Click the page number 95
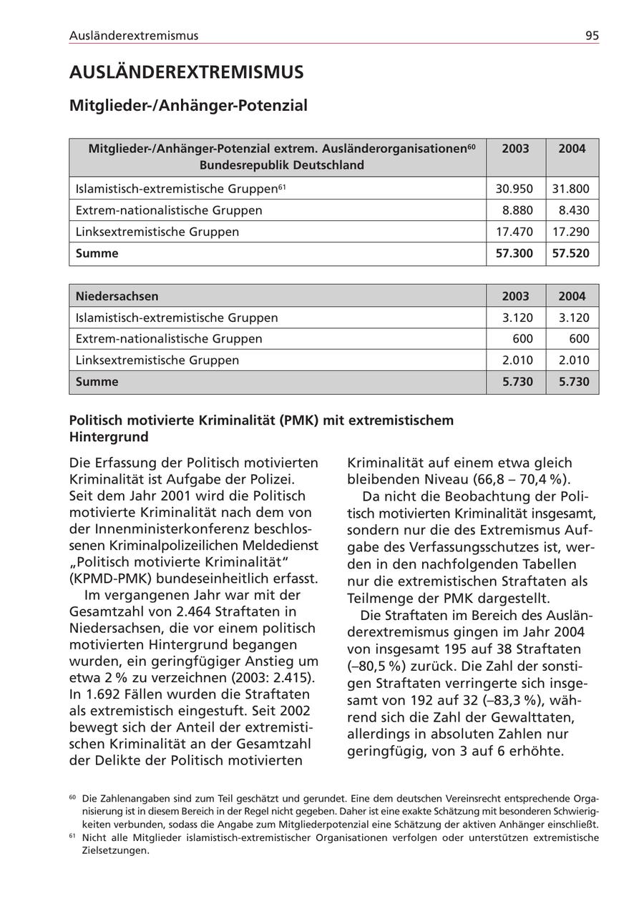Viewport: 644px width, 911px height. [592, 36]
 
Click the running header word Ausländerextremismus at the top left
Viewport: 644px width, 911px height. [134, 36]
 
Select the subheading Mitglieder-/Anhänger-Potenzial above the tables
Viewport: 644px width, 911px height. [188, 106]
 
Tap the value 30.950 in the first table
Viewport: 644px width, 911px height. [514, 189]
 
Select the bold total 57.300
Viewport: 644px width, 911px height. [514, 254]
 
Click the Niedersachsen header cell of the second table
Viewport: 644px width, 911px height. [117, 296]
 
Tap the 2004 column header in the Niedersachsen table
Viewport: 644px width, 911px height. [572, 296]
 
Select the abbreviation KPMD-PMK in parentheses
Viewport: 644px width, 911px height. [109, 578]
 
